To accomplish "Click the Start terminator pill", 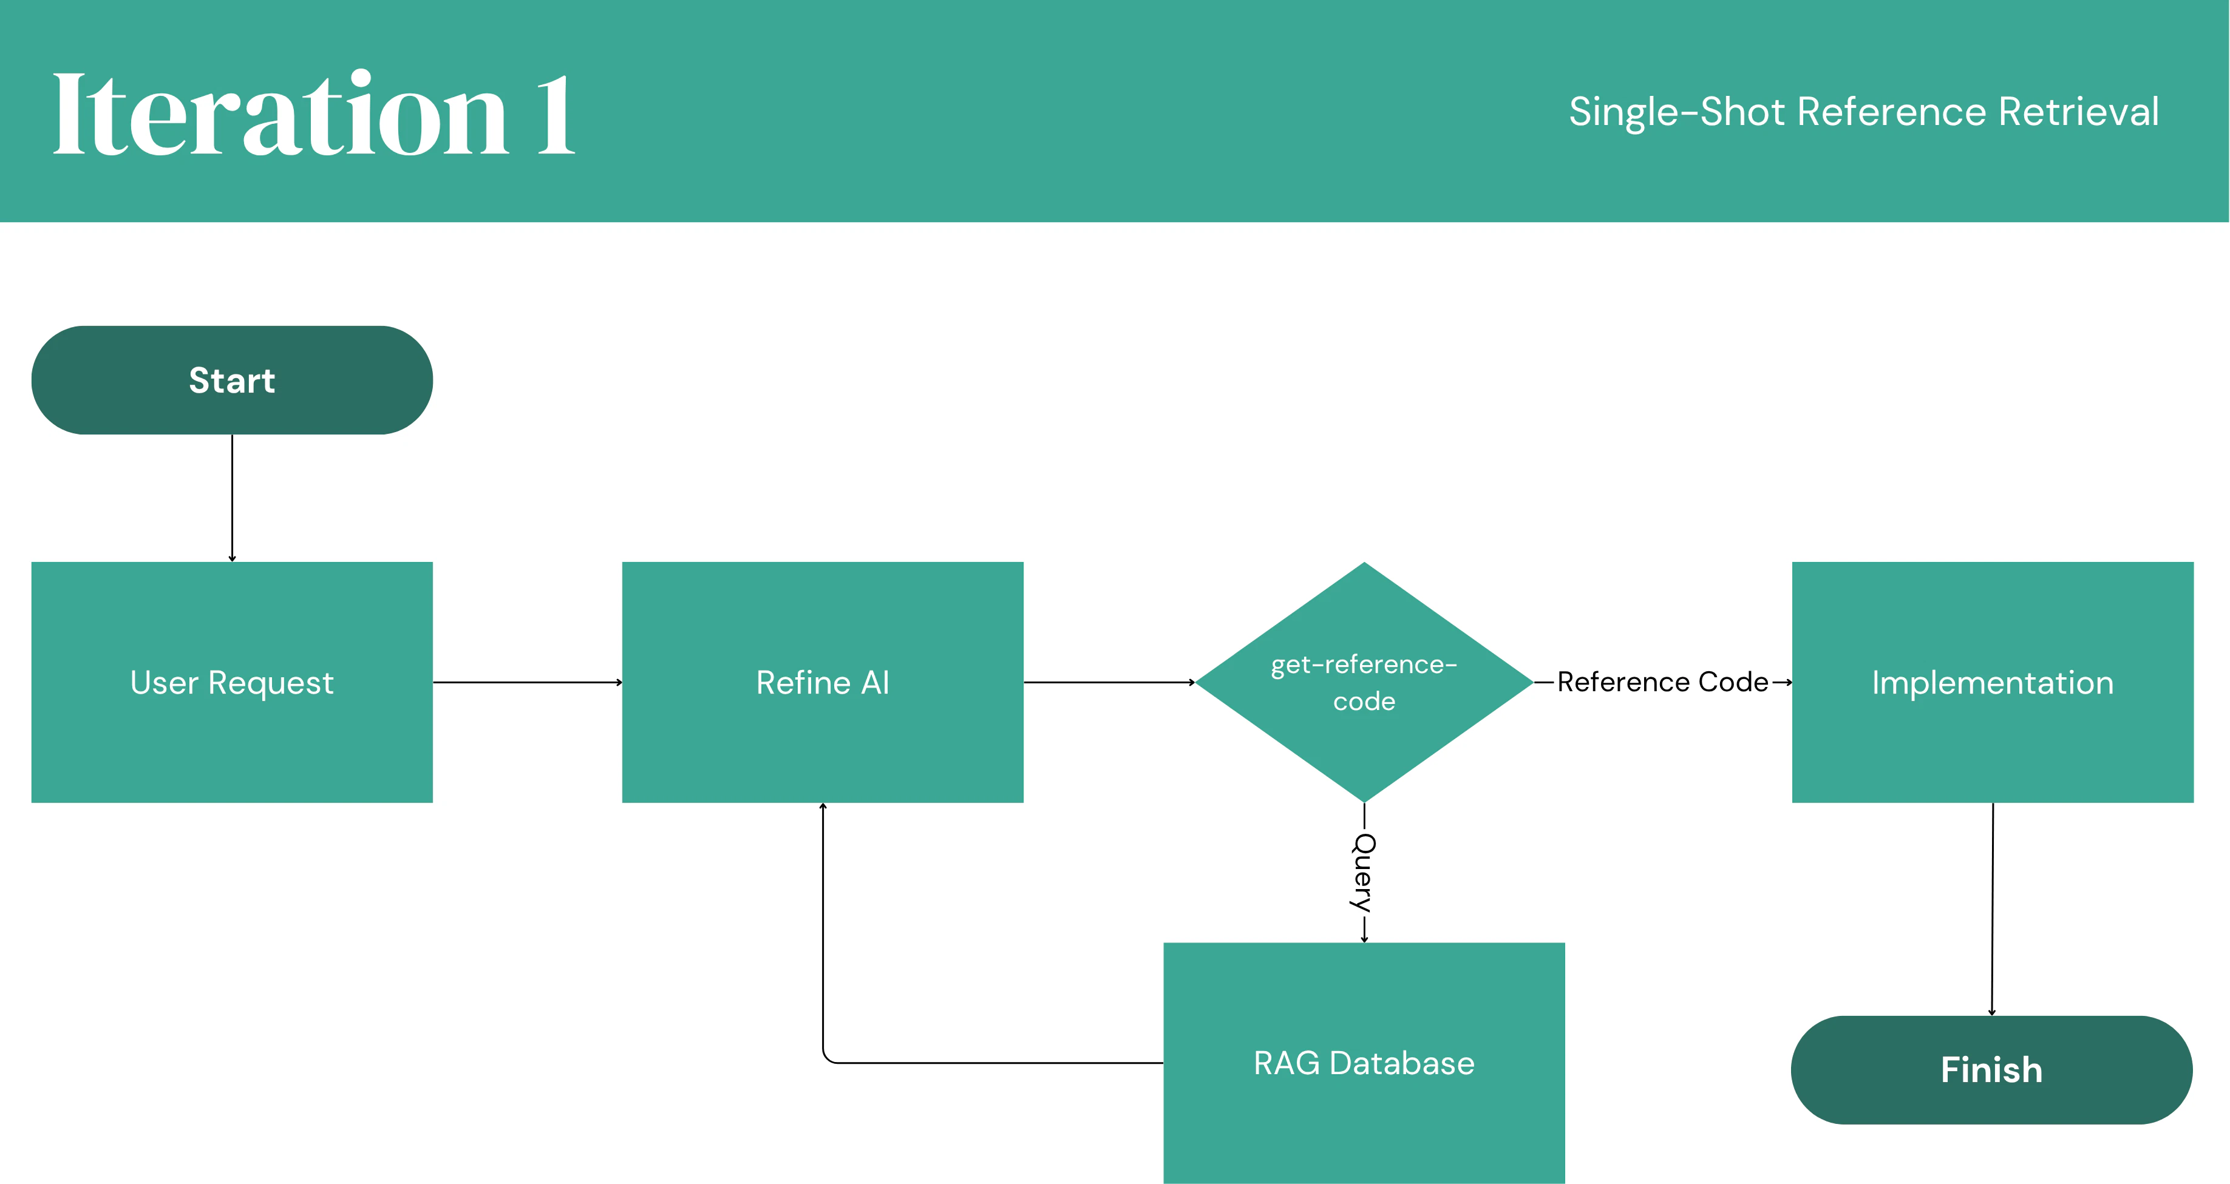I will (232, 380).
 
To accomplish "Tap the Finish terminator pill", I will (1991, 1070).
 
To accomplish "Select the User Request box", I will (232, 682).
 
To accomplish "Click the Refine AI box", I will (823, 682).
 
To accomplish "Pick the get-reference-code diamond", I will (1364, 682).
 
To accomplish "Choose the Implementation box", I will (1992, 682).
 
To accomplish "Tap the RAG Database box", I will (1364, 1063).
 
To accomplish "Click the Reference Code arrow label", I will (1662, 682).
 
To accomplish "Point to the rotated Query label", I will (1364, 873).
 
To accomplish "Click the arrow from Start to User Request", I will (232, 498).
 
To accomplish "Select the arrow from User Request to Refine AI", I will (526, 682).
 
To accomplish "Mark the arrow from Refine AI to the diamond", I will (1108, 682).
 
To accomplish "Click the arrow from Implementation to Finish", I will (1992, 908).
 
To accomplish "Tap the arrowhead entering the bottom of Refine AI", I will (823, 807).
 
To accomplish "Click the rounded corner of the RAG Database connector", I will (828, 1058).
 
